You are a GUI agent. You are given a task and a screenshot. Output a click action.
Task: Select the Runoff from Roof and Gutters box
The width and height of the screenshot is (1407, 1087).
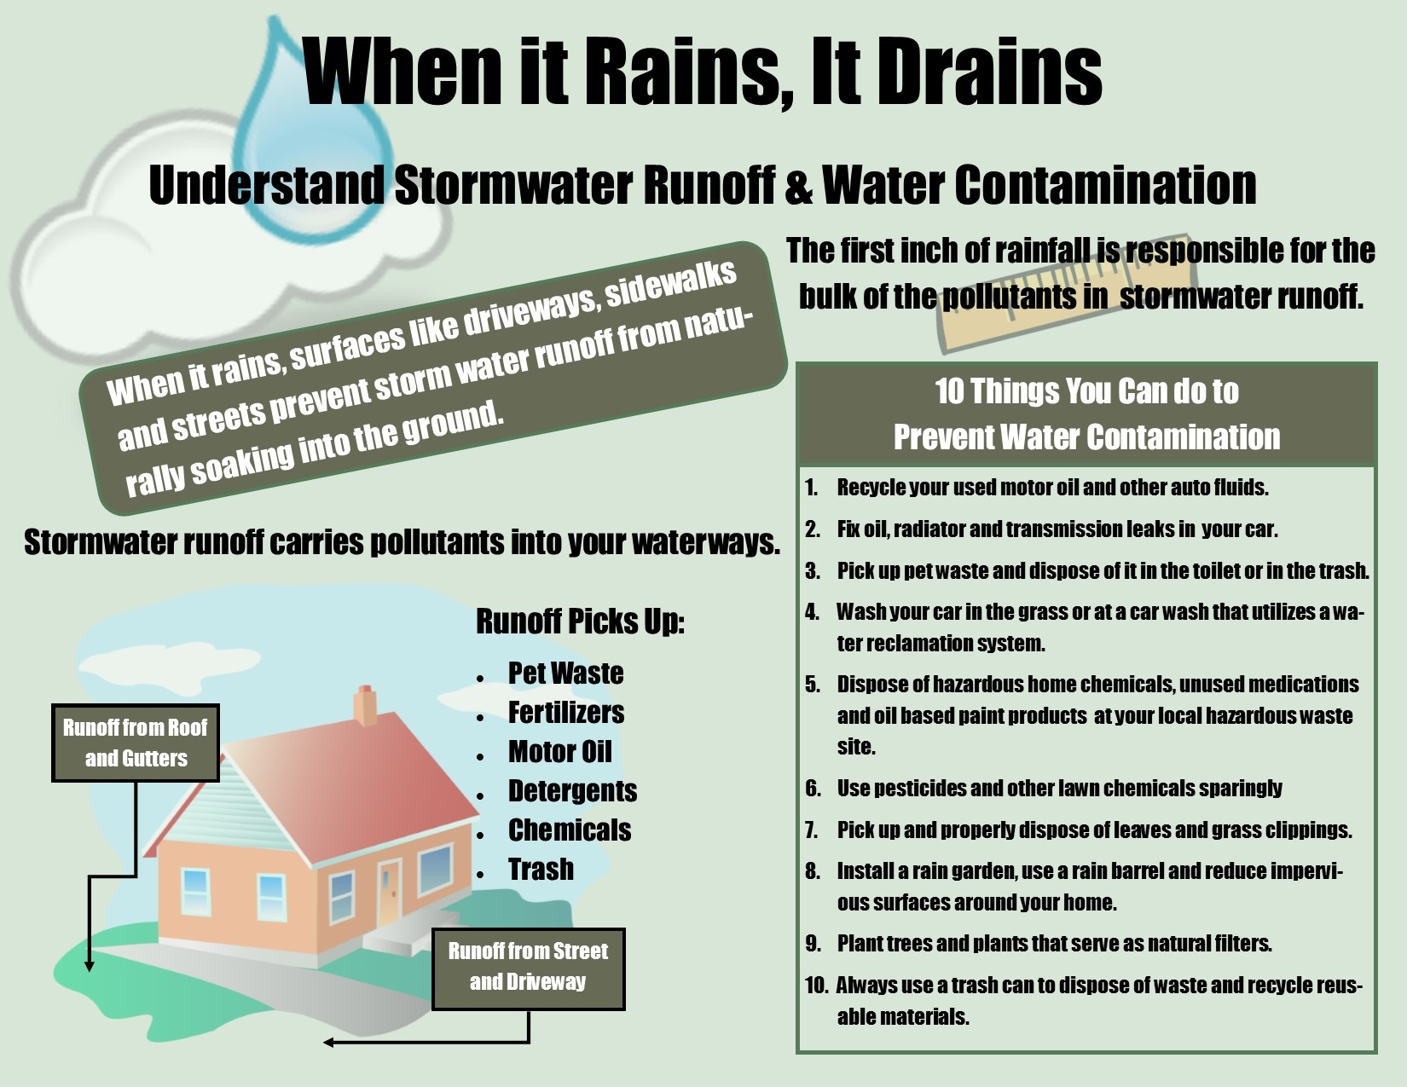coord(136,743)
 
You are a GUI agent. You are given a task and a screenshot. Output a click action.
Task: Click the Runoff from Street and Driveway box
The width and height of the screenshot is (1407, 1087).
coord(528,968)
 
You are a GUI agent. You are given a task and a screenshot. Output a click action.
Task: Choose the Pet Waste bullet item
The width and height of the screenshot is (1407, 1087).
coord(565,674)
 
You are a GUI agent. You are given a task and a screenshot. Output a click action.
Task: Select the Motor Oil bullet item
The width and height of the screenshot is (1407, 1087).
coord(559,752)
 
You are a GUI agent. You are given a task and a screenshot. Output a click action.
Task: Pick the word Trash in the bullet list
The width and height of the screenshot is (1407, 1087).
coord(541,869)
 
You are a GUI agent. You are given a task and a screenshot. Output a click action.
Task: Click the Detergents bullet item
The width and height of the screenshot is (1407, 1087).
coord(572,790)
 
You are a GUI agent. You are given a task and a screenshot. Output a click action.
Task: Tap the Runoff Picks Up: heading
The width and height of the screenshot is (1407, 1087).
coord(580,621)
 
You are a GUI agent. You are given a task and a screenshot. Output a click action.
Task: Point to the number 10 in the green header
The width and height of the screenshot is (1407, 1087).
coord(948,391)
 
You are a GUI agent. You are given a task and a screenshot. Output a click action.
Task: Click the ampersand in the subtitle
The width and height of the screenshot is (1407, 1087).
coord(798,186)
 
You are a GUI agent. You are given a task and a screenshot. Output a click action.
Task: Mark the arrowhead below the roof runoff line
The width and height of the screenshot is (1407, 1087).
coord(90,966)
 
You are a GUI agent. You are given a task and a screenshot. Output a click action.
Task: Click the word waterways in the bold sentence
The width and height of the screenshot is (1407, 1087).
coord(706,542)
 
